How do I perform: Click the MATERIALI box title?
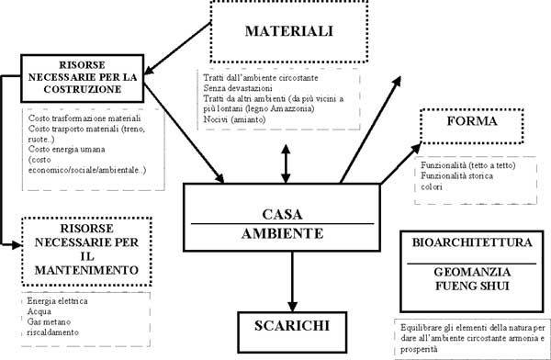(287, 31)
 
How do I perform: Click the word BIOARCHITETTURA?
(467, 245)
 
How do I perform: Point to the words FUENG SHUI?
(467, 287)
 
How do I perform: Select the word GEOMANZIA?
(467, 273)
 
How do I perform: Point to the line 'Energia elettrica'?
(56, 300)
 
